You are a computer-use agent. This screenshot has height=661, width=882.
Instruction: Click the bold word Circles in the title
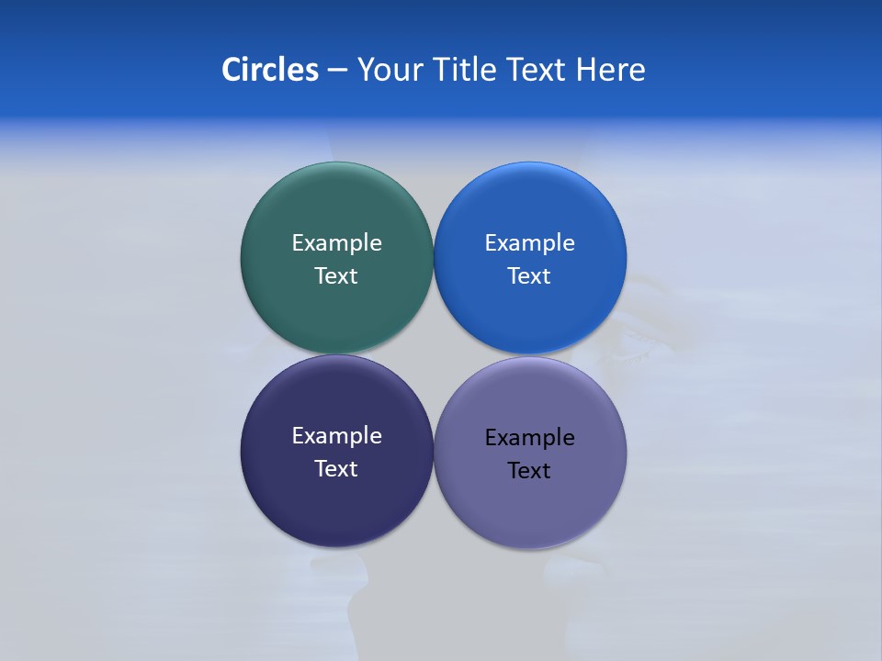269,70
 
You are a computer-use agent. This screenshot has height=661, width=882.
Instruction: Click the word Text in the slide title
537,70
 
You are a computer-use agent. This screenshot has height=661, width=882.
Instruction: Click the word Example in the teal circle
336,243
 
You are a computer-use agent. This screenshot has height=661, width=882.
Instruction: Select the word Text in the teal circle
336,276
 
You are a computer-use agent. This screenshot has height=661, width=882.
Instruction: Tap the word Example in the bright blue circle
529,243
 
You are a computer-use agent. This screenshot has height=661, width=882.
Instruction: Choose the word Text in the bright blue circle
529,276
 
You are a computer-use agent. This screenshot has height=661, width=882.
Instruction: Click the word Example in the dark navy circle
336,436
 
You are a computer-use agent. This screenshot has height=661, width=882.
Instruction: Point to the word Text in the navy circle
336,469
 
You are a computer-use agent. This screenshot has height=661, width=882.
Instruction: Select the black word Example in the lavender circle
529,438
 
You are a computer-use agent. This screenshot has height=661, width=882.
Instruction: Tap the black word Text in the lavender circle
529,471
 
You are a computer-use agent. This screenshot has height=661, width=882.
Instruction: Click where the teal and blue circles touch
434,257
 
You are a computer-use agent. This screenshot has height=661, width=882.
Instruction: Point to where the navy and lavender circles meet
434,452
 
